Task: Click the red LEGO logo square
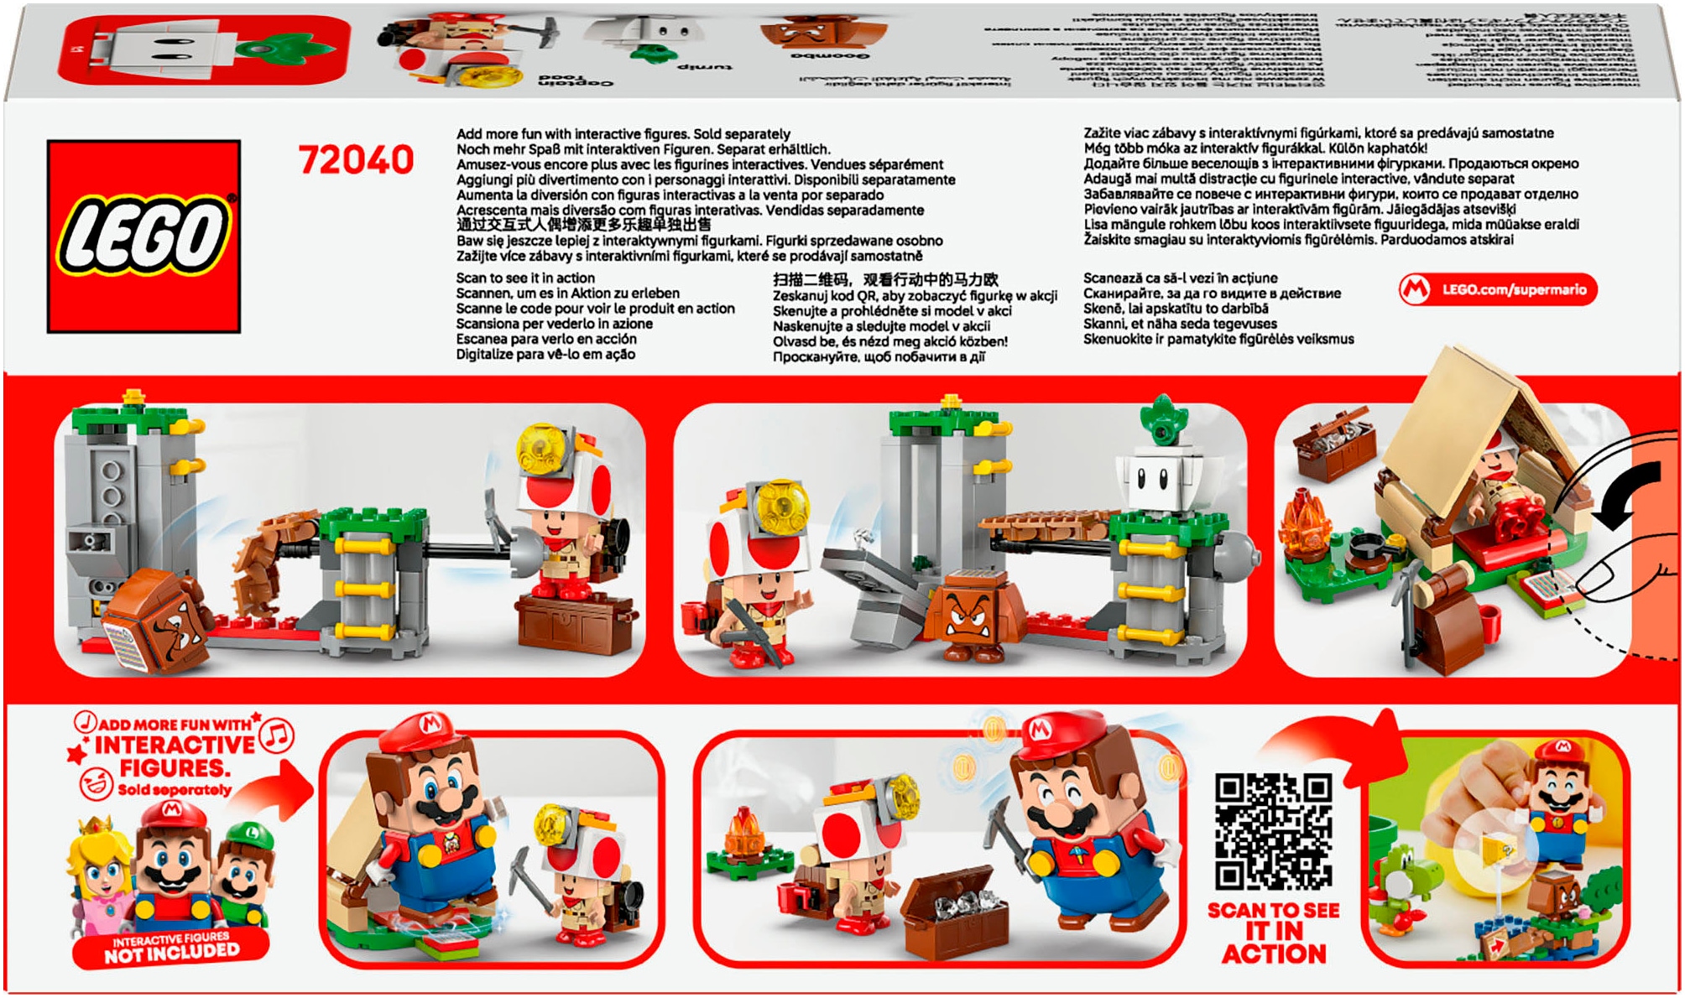coord(143,237)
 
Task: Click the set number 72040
coord(356,160)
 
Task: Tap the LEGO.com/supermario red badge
coord(1498,289)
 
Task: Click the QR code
coord(1273,832)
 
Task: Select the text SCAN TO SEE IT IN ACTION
coord(1273,933)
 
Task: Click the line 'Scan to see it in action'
coord(525,278)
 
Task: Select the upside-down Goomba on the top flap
coord(822,34)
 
